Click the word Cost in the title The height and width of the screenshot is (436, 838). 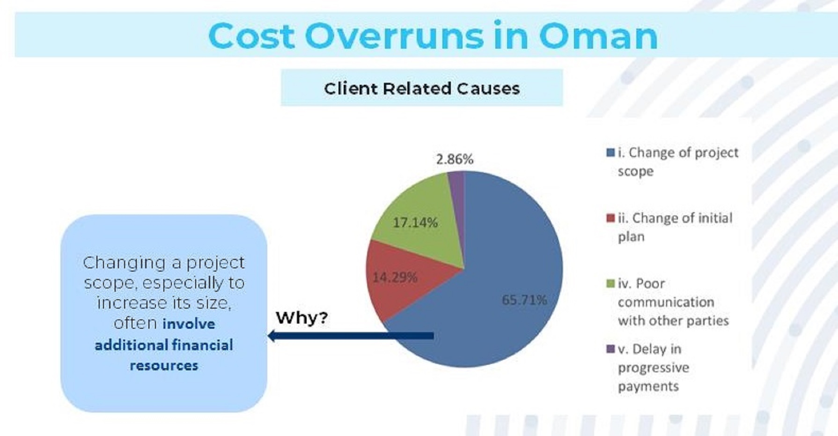251,36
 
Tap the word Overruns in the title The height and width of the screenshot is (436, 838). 394,36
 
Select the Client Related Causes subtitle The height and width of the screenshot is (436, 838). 422,88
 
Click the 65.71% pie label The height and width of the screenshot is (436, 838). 524,300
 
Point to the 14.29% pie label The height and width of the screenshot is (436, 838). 395,278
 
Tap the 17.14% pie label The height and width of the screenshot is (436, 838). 415,222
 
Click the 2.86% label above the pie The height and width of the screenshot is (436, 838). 455,160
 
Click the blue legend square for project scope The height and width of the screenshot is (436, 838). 610,153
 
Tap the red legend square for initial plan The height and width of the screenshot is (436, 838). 610,218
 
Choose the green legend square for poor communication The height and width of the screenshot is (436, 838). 610,284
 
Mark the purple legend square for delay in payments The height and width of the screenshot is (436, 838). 610,349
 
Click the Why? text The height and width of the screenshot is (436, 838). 302,318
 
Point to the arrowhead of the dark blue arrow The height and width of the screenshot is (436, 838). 272,335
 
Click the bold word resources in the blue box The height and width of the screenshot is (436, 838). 164,366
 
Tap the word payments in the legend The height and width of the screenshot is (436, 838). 648,387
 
